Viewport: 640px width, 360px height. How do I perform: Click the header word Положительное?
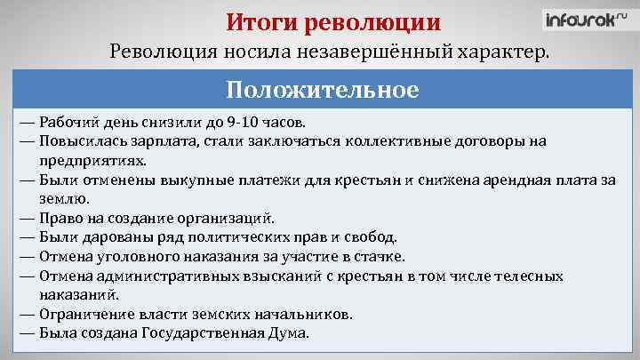pos(321,92)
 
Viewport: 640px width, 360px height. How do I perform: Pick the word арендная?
pos(514,179)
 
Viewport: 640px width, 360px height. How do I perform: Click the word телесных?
pos(527,276)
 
